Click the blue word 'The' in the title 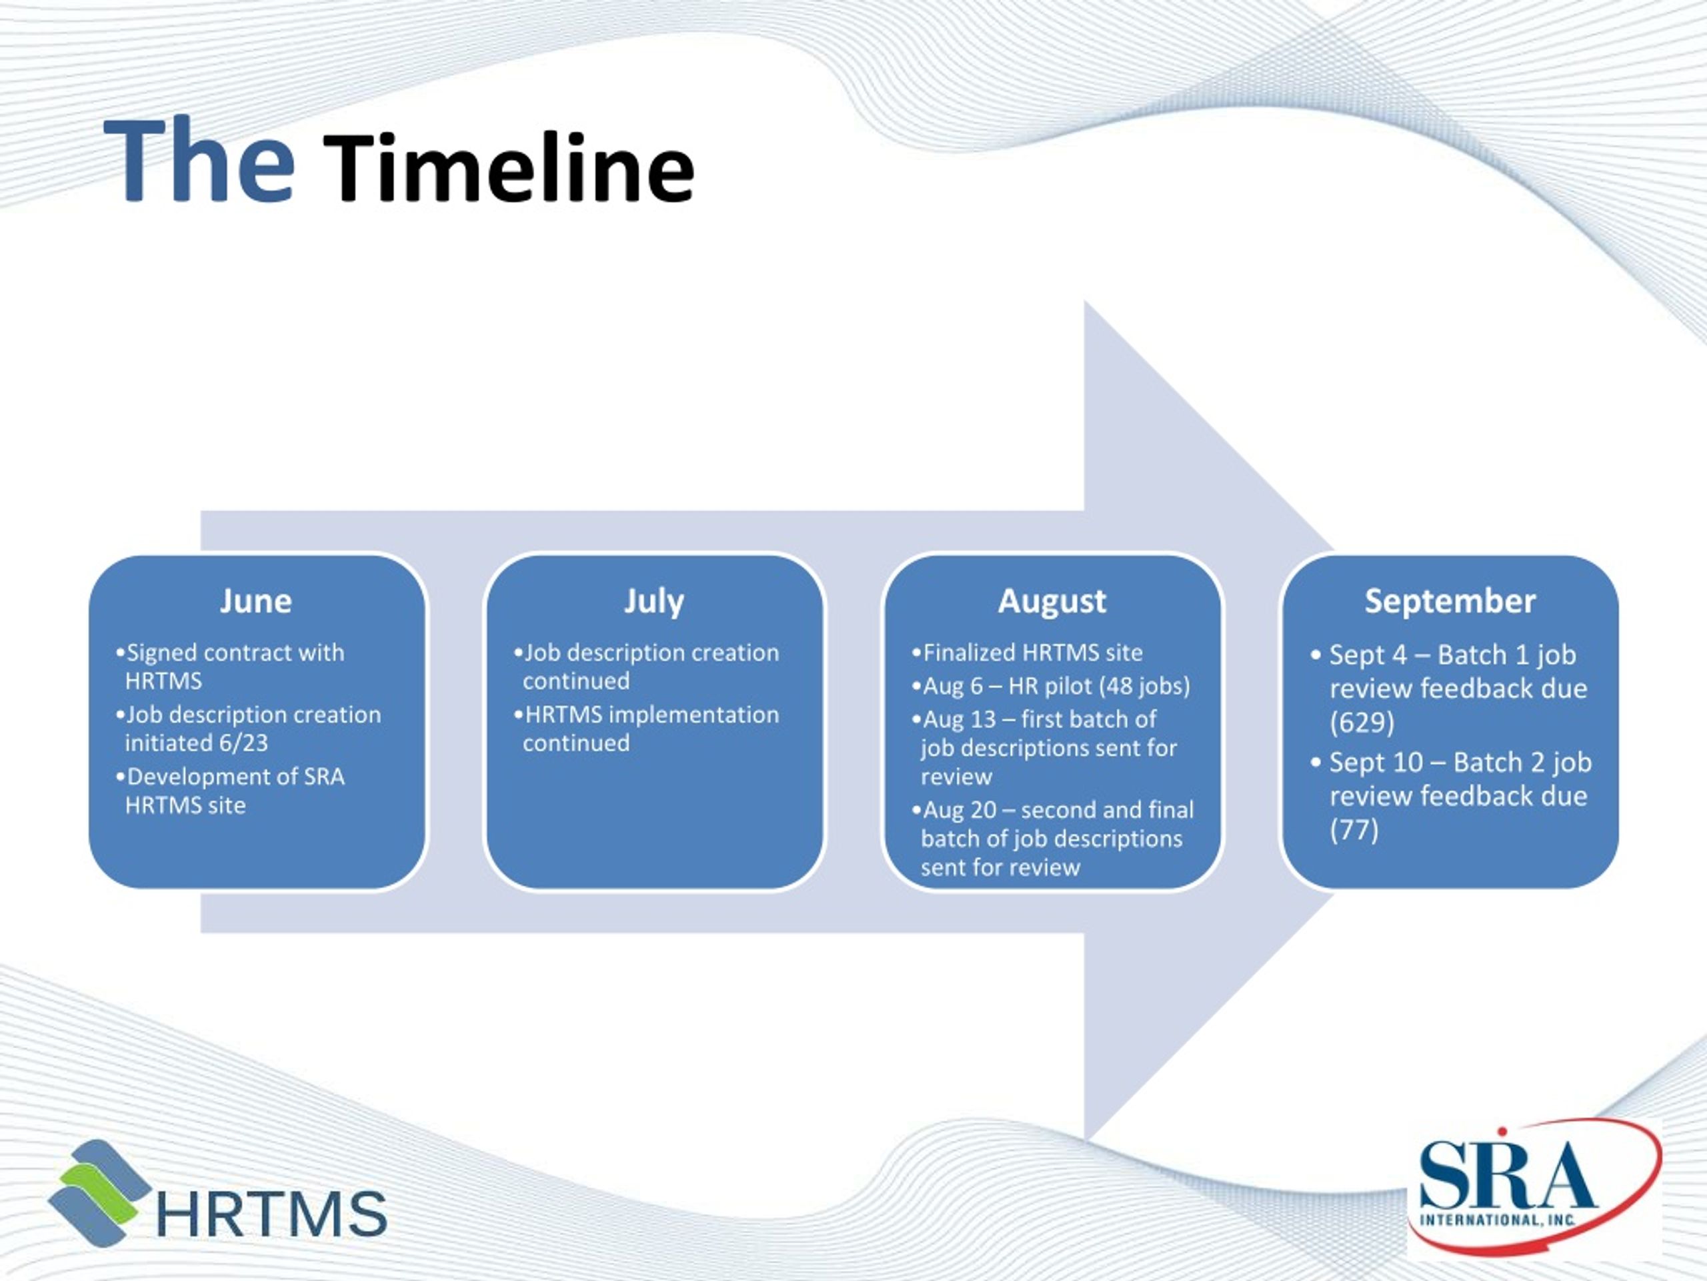coord(199,161)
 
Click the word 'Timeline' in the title coord(509,167)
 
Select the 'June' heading coord(255,600)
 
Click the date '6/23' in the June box coord(243,743)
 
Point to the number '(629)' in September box coord(1362,722)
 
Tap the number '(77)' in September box coord(1354,830)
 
